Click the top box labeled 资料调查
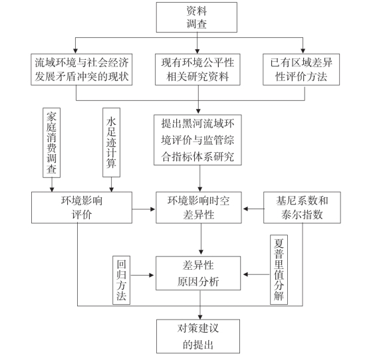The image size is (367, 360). point(197,17)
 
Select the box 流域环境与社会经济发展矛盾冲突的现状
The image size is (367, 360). point(82,70)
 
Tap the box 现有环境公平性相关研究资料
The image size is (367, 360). point(197,70)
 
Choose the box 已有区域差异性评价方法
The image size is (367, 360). point(301,70)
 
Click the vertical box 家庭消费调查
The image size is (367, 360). point(51,143)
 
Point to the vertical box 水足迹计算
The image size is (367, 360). point(112,142)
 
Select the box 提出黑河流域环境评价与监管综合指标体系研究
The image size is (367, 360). point(197,139)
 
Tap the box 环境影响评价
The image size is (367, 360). point(82,208)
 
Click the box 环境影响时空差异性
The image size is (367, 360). point(199,208)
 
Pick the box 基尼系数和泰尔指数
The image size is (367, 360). point(302,208)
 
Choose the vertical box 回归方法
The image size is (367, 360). point(121,280)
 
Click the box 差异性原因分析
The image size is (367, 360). point(198,273)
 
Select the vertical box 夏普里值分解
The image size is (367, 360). point(279,270)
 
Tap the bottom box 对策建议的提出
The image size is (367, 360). point(198,336)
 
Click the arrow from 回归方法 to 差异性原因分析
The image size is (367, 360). point(142,275)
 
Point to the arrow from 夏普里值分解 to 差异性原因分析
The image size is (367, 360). point(257,274)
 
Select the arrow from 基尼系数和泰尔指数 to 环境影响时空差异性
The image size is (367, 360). point(254,209)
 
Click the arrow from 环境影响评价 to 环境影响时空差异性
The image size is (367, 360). point(144,209)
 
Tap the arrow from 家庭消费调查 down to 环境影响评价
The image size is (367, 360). point(52,185)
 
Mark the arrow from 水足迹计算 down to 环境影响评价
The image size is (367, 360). point(112,185)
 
